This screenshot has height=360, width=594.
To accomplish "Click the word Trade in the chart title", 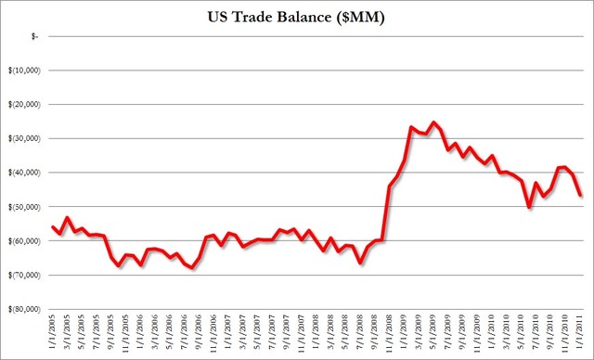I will [x=272, y=17].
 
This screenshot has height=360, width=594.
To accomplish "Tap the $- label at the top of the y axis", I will [x=34, y=36].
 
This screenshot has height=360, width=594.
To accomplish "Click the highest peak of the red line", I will [x=433, y=122].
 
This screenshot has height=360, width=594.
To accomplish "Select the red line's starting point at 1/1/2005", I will [x=52, y=226].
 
